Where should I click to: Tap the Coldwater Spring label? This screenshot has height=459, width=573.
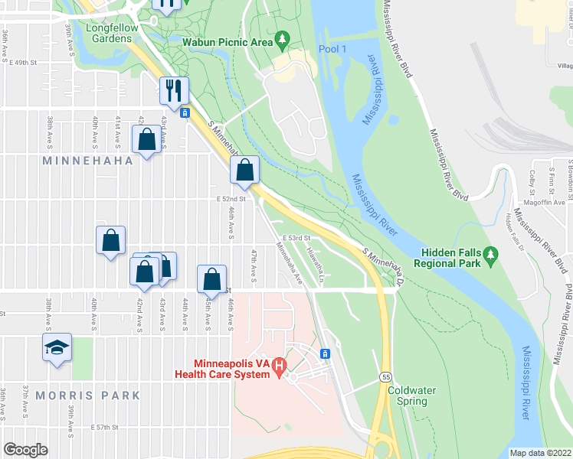[411, 396]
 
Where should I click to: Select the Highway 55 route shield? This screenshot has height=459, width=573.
[385, 379]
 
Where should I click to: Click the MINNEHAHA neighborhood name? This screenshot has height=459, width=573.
[87, 161]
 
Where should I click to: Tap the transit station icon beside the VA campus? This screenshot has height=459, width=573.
[326, 353]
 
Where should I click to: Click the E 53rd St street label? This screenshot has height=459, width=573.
[294, 239]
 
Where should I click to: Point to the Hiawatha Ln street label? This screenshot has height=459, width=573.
[315, 264]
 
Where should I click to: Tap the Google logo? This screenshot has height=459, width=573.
[25, 450]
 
